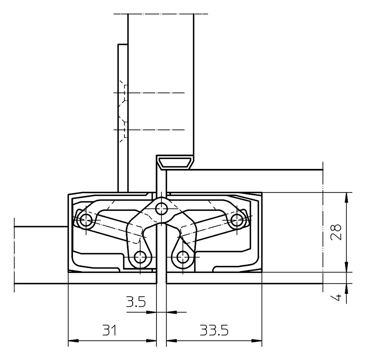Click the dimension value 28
[336, 232]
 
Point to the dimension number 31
[109, 330]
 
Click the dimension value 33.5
[214, 330]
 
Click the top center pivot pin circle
[161, 208]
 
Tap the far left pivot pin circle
[86, 220]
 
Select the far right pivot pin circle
[237, 220]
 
